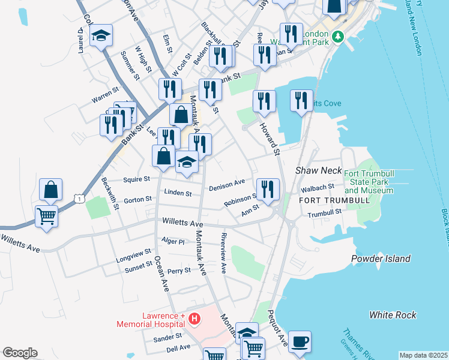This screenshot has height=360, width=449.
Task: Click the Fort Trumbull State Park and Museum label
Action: click(369, 182)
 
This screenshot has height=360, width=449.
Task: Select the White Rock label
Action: click(393, 314)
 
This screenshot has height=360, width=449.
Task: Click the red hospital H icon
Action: click(193, 319)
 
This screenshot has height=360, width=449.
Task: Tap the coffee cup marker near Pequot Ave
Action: click(300, 342)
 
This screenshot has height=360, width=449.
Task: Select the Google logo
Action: click(20, 353)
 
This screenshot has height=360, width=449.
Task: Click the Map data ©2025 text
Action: click(423, 355)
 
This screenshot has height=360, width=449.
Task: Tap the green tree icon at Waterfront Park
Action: click(338, 37)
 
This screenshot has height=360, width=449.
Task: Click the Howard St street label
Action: click(270, 139)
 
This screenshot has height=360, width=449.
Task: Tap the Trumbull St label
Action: click(324, 212)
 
